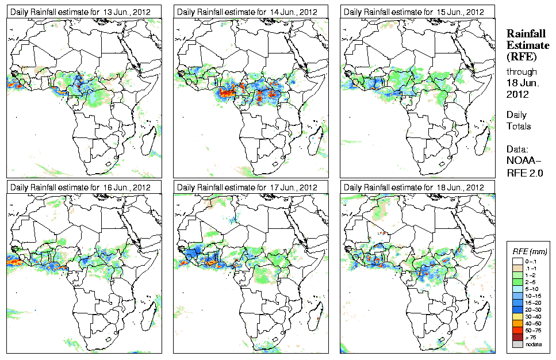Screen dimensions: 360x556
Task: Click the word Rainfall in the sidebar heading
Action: (x=526, y=34)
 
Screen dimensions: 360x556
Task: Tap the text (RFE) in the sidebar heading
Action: (x=521, y=56)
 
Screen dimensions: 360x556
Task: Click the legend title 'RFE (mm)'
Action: (x=530, y=251)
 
